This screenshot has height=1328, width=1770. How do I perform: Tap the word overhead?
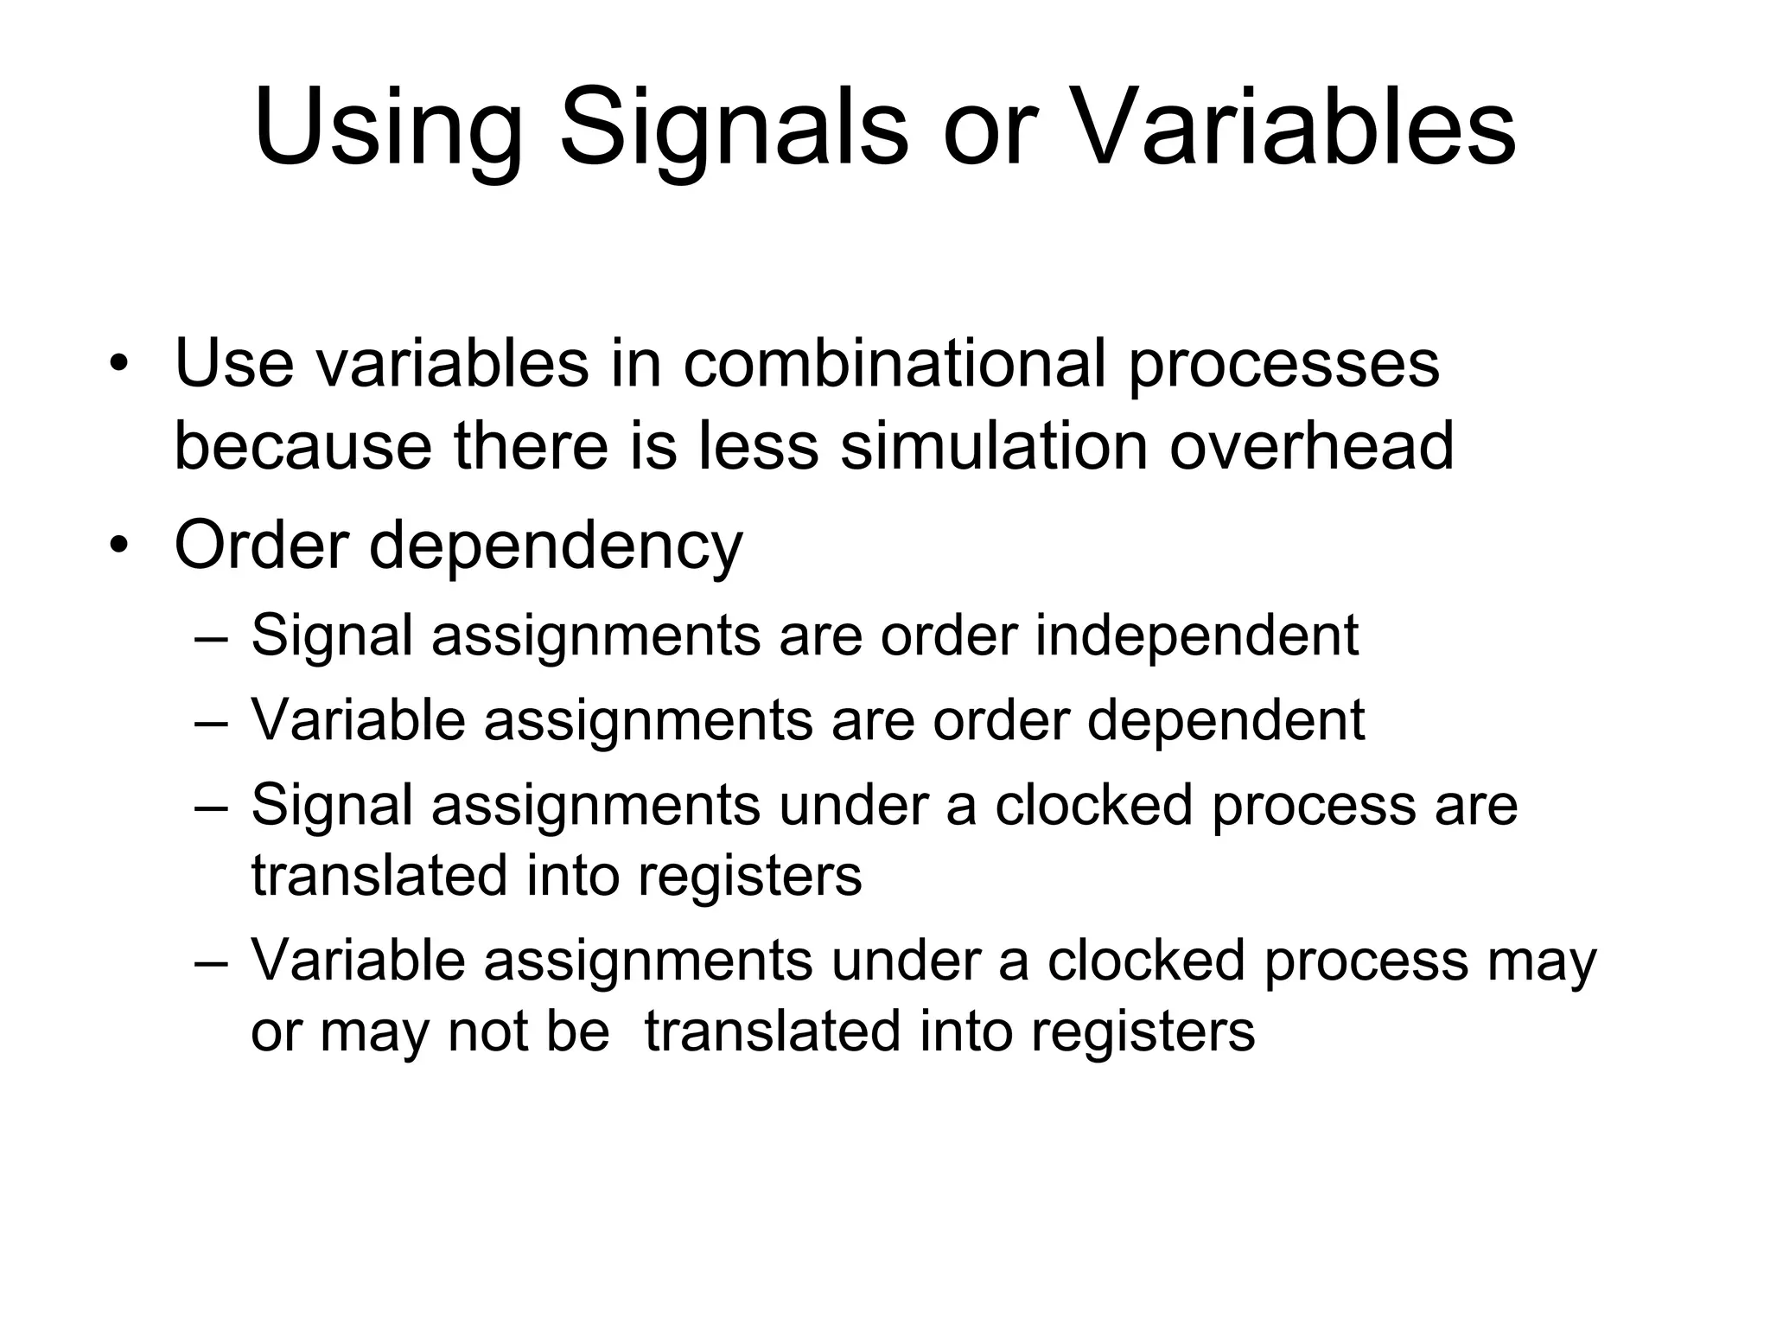1311,446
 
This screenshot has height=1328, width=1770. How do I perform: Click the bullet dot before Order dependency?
118,546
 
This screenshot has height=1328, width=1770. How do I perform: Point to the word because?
302,446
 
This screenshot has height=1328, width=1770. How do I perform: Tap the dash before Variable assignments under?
211,961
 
